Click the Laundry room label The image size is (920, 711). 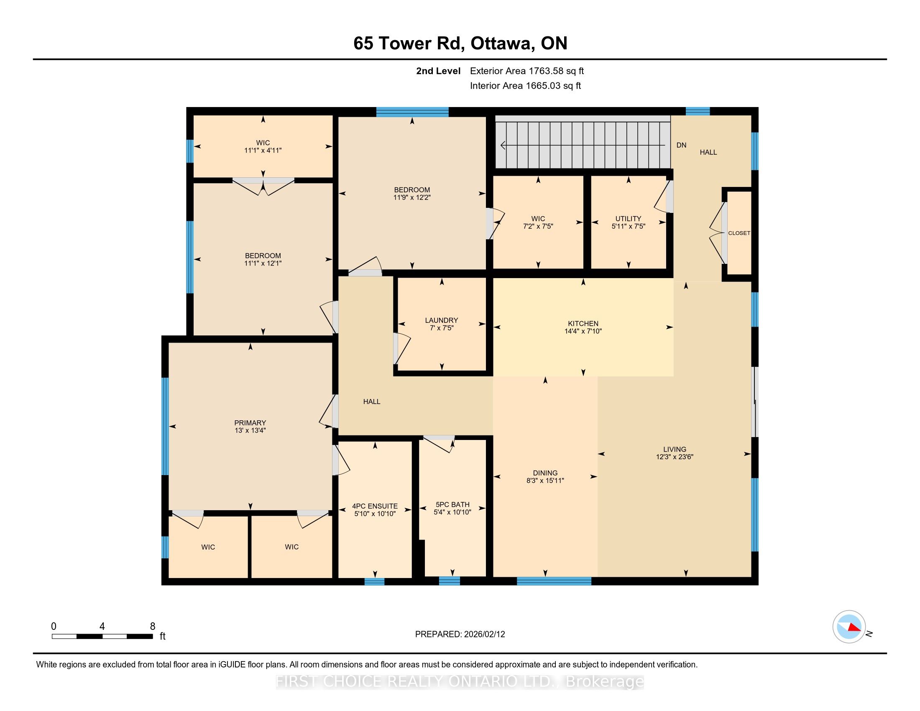click(x=442, y=320)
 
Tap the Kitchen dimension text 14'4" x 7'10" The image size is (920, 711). click(x=583, y=331)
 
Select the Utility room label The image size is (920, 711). click(x=628, y=219)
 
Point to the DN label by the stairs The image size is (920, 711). click(x=681, y=145)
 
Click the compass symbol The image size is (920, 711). click(x=849, y=627)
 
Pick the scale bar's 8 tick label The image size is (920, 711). click(x=153, y=627)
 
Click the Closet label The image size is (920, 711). click(x=739, y=233)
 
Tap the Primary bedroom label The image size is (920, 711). click(x=250, y=423)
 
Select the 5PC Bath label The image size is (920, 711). click(x=452, y=505)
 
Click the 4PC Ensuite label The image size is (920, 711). click(x=375, y=506)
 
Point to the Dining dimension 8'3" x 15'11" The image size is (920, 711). click(x=545, y=481)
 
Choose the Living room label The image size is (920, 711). click(x=675, y=450)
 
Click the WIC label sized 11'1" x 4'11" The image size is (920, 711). click(x=263, y=143)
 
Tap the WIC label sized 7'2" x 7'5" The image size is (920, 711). click(x=538, y=219)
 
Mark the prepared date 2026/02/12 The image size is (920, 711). click(x=483, y=634)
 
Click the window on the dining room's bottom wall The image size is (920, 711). click(x=554, y=581)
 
